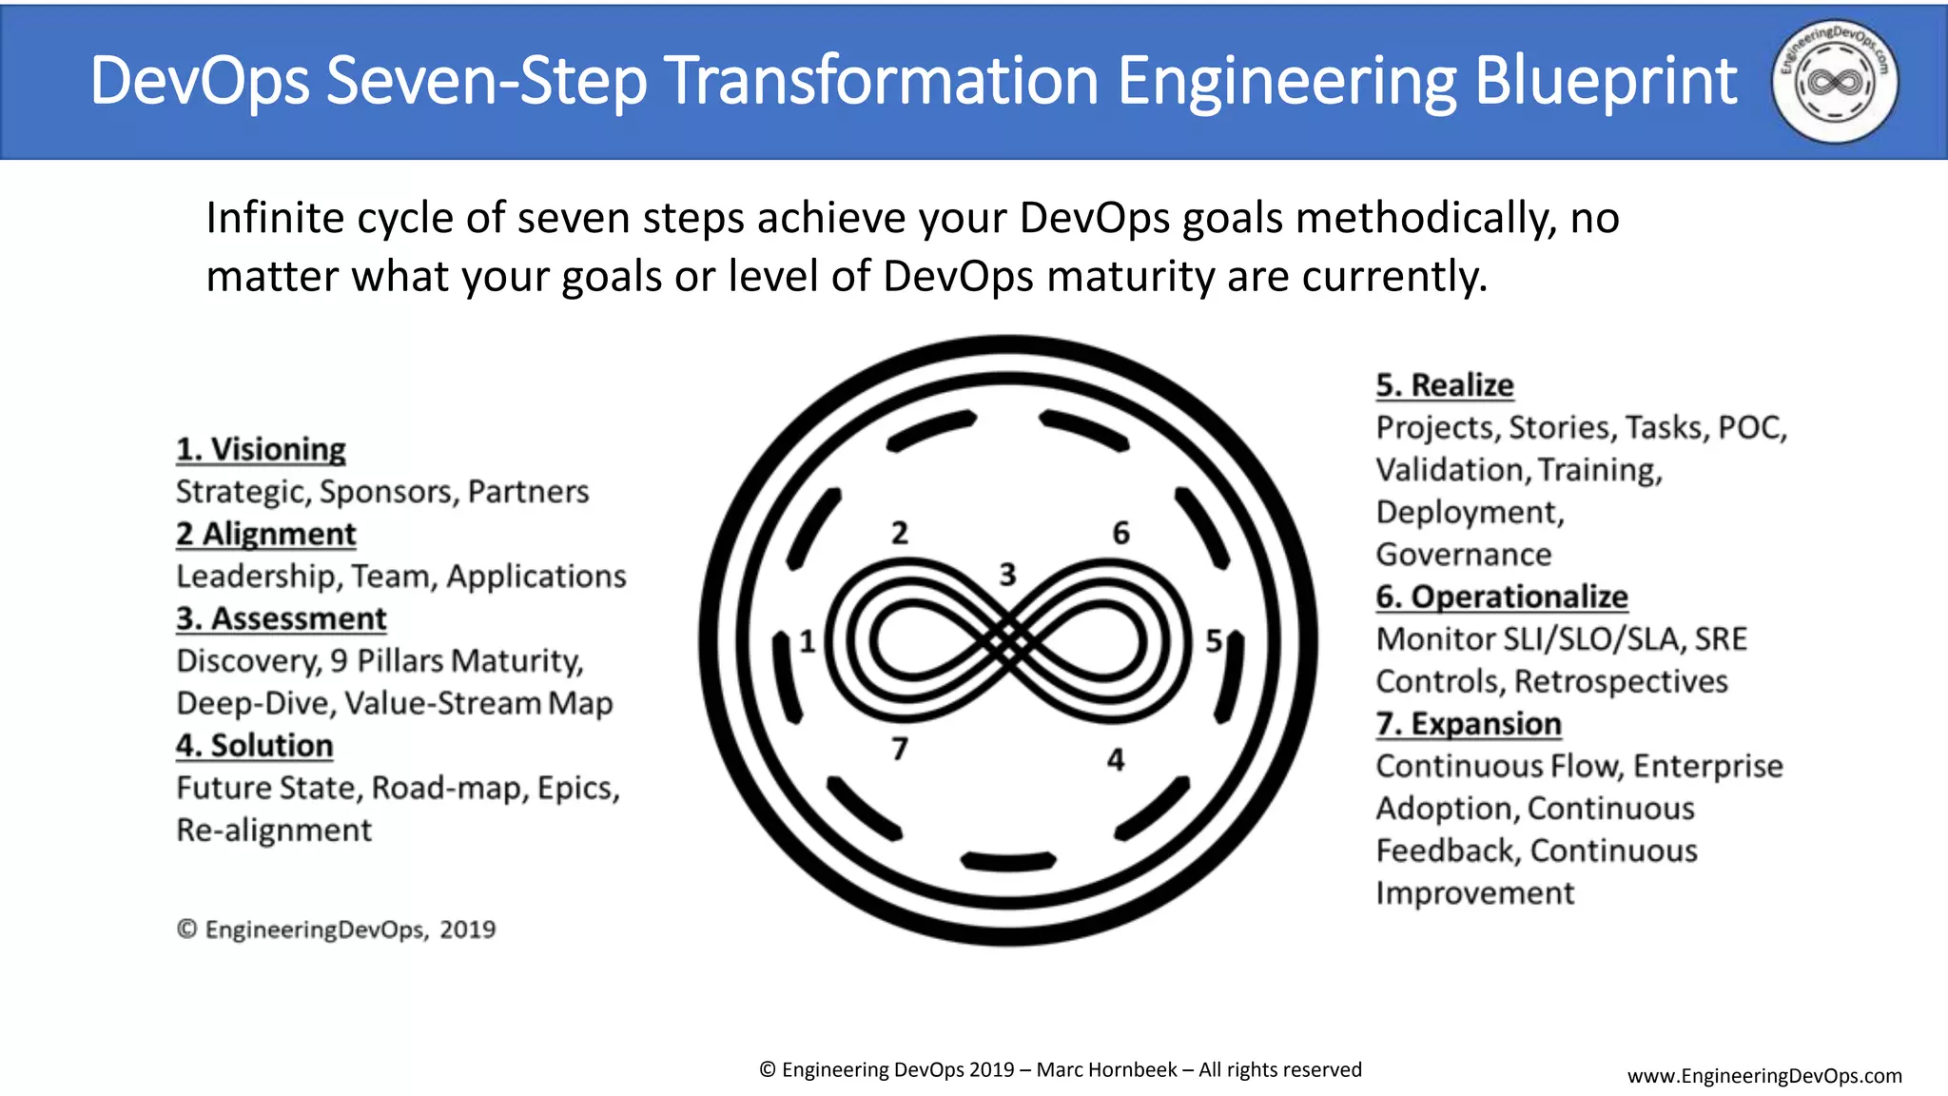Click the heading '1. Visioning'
tap(261, 449)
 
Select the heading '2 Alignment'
tap(265, 534)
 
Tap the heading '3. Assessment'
tap(281, 618)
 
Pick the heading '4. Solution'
tap(254, 745)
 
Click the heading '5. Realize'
tap(1444, 385)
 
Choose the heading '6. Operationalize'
tap(1501, 597)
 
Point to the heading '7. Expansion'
tap(1468, 724)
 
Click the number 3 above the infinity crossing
tap(1007, 575)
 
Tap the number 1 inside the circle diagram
tap(807, 642)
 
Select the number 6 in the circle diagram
tap(1121, 534)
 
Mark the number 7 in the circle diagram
tap(900, 750)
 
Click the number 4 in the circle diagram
tap(1116, 760)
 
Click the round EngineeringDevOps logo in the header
tap(1834, 82)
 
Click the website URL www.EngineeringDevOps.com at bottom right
tap(1764, 1076)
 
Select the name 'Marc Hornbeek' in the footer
tap(1106, 1070)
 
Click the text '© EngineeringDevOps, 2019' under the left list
tap(336, 930)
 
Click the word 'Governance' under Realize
tap(1463, 555)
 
